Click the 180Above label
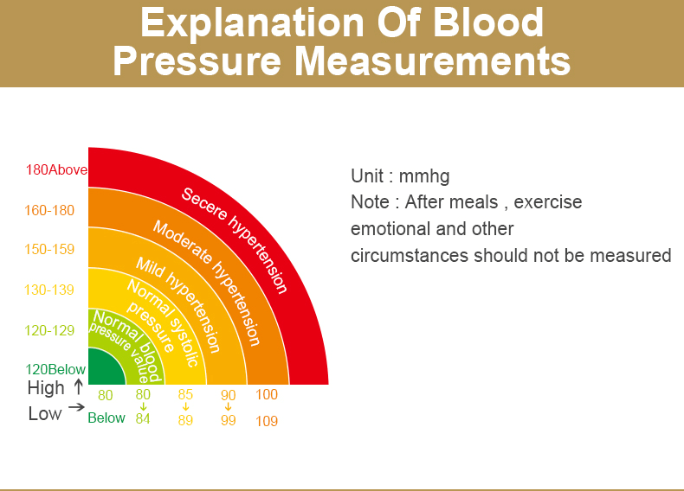click(x=57, y=170)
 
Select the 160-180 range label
click(x=50, y=210)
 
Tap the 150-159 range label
click(x=50, y=250)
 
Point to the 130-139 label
click(x=50, y=290)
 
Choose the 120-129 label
click(x=50, y=330)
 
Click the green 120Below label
click(x=56, y=370)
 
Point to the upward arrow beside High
click(x=79, y=386)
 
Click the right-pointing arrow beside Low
click(x=76, y=407)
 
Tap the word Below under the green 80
click(x=106, y=418)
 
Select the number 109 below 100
click(x=267, y=422)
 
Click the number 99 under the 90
click(x=228, y=421)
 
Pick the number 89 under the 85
click(x=185, y=420)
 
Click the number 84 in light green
click(x=143, y=419)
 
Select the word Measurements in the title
click(x=434, y=62)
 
